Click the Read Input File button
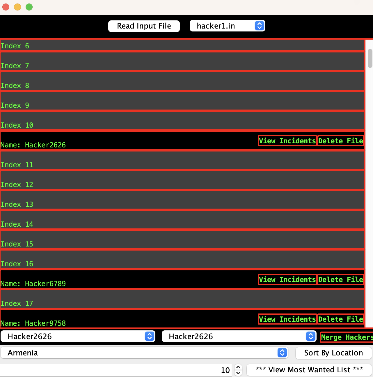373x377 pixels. pos(144,26)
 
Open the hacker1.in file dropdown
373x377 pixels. pos(227,26)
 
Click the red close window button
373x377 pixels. pos(6,7)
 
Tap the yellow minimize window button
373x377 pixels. pos(17,7)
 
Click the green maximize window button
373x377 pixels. pos(29,7)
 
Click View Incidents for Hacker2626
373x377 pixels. pos(287,141)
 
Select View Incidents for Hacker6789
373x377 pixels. pos(287,280)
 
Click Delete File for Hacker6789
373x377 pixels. pos(341,280)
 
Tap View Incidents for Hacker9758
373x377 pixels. pos(287,319)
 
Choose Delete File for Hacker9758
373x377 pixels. pos(341,319)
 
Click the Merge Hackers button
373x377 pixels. pos(347,337)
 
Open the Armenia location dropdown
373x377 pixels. pos(144,353)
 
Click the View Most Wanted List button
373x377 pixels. pos(309,370)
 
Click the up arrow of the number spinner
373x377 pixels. pos(238,367)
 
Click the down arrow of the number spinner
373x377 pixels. pos(238,373)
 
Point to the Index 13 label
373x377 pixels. pos(17,205)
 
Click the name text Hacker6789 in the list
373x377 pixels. pos(45,284)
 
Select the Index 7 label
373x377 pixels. pos(15,66)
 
